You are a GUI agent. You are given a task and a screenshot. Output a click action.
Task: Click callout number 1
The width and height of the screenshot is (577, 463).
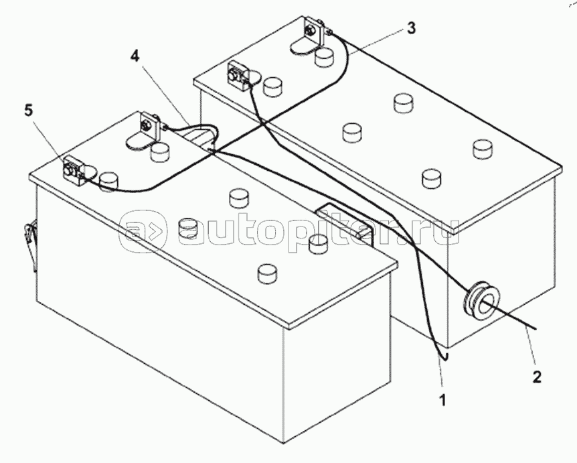tap(442, 401)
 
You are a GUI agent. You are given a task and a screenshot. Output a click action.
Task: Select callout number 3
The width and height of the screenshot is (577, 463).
tap(411, 28)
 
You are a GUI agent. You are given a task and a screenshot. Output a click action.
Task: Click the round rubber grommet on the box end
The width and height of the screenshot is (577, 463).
tap(480, 299)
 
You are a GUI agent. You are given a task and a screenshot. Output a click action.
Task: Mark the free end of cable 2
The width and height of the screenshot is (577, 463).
tap(533, 328)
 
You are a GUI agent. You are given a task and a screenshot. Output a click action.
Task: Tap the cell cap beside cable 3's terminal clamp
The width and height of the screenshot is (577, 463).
tap(325, 58)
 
